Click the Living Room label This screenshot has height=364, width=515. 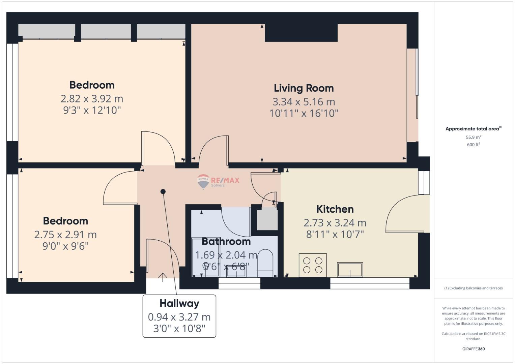pyautogui.click(x=304, y=88)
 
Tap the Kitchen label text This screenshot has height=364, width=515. pyautogui.click(x=335, y=209)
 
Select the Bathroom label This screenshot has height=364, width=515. pyautogui.click(x=226, y=242)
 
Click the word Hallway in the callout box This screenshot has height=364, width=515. pyautogui.click(x=179, y=304)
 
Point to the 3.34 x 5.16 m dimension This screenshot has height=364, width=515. pyautogui.click(x=304, y=102)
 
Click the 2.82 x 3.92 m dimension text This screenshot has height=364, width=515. pyautogui.click(x=92, y=99)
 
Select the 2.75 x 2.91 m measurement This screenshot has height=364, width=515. pyautogui.click(x=65, y=235)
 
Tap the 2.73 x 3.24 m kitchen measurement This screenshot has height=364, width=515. pyautogui.click(x=335, y=223)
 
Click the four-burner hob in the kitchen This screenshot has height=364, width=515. pyautogui.click(x=313, y=265)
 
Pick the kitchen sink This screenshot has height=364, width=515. pyautogui.click(x=350, y=270)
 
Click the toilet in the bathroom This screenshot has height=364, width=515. pyautogui.click(x=265, y=263)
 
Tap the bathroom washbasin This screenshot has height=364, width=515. pyautogui.click(x=236, y=272)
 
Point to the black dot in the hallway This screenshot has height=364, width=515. pyautogui.click(x=163, y=191)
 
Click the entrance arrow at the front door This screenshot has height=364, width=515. pyautogui.click(x=163, y=277)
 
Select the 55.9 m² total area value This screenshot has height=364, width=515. pyautogui.click(x=474, y=137)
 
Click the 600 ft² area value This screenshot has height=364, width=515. pyautogui.click(x=474, y=145)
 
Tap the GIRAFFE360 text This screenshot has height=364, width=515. pyautogui.click(x=474, y=349)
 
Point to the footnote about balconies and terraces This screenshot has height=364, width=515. pyautogui.click(x=474, y=288)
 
